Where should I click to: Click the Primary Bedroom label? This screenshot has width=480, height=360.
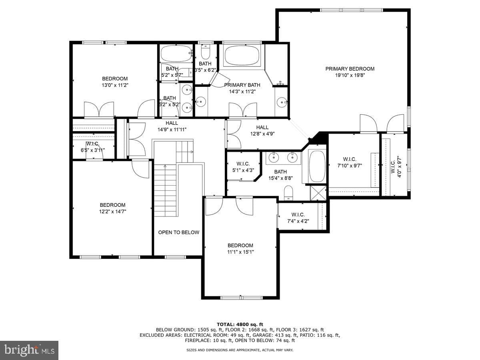tap(350, 69)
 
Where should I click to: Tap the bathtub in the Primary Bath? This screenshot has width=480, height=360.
tap(242, 55)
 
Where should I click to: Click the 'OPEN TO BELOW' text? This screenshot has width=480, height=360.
tap(179, 232)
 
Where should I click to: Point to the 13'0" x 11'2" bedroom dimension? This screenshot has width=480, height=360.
tap(115, 85)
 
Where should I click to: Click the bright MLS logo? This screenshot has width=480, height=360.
tap(29, 350)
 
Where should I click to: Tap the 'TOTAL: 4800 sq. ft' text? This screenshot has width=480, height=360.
tap(240, 324)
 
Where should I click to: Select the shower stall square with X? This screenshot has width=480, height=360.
tap(318, 193)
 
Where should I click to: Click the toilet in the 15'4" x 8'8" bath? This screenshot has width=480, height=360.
tap(288, 193)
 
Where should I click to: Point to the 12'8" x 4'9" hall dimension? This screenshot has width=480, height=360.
tap(262, 134)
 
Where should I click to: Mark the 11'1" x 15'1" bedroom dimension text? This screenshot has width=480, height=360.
tap(240, 252)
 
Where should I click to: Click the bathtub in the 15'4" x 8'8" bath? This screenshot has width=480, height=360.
tap(317, 166)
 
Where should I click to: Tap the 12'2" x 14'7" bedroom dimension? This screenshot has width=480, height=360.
tap(113, 211)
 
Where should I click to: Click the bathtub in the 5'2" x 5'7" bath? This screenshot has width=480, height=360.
tap(176, 53)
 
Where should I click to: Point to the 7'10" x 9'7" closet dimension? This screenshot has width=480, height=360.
tap(350, 166)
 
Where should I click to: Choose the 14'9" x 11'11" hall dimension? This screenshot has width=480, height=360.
tap(172, 129)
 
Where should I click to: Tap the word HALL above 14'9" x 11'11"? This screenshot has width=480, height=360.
tap(172, 123)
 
